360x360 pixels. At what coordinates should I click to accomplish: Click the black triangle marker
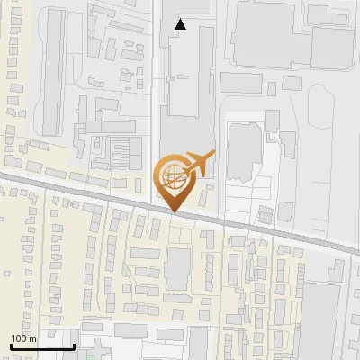click(181, 24)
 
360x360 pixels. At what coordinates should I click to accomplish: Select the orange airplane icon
click(194, 164)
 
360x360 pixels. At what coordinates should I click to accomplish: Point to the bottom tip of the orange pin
click(174, 211)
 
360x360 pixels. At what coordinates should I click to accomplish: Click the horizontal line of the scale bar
click(41, 347)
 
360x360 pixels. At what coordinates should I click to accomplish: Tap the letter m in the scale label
click(34, 338)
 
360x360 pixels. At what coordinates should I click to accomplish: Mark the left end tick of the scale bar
click(10, 346)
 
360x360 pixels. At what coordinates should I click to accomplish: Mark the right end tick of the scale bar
click(73, 346)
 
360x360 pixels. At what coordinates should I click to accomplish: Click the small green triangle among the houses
click(125, 270)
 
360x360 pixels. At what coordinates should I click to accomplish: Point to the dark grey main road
click(270, 230)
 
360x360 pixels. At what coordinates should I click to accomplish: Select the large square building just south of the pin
click(177, 268)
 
